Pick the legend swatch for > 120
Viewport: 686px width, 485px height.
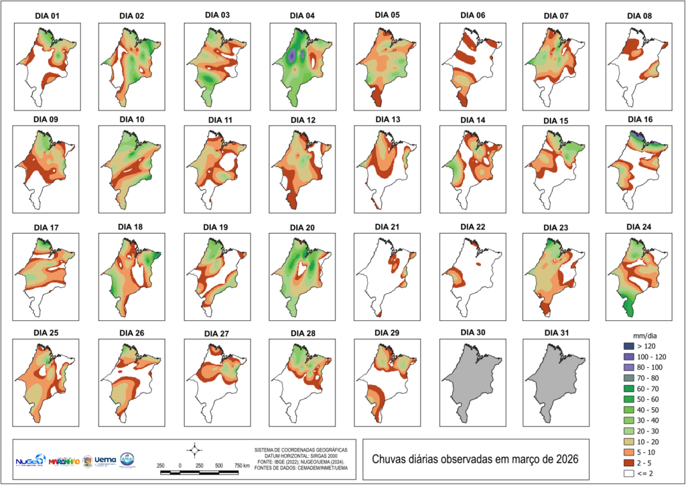627,346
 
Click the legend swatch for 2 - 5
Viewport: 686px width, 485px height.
627,462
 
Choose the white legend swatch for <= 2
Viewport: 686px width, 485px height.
627,474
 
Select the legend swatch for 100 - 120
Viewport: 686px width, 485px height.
627,357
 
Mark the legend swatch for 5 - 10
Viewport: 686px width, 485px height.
627,450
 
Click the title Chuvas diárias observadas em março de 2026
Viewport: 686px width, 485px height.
475,460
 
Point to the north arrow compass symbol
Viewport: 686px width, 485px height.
195,449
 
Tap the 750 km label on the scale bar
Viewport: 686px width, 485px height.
243,465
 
